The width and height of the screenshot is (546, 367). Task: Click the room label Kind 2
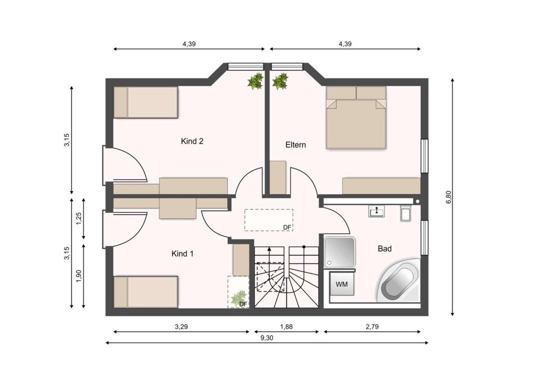192,141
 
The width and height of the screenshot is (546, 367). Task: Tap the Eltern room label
295,145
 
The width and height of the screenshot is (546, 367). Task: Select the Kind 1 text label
182,254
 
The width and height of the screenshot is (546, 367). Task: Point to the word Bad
385,249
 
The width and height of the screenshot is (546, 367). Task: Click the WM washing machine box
342,285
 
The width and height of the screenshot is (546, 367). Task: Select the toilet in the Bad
405,213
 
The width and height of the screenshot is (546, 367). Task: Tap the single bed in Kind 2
146,102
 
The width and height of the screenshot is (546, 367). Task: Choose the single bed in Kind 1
146,292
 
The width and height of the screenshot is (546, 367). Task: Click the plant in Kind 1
239,297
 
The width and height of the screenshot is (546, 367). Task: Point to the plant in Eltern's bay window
280,81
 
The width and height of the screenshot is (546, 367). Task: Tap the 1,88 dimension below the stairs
287,327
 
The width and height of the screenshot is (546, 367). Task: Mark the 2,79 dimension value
372,327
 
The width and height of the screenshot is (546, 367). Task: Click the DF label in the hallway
287,228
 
